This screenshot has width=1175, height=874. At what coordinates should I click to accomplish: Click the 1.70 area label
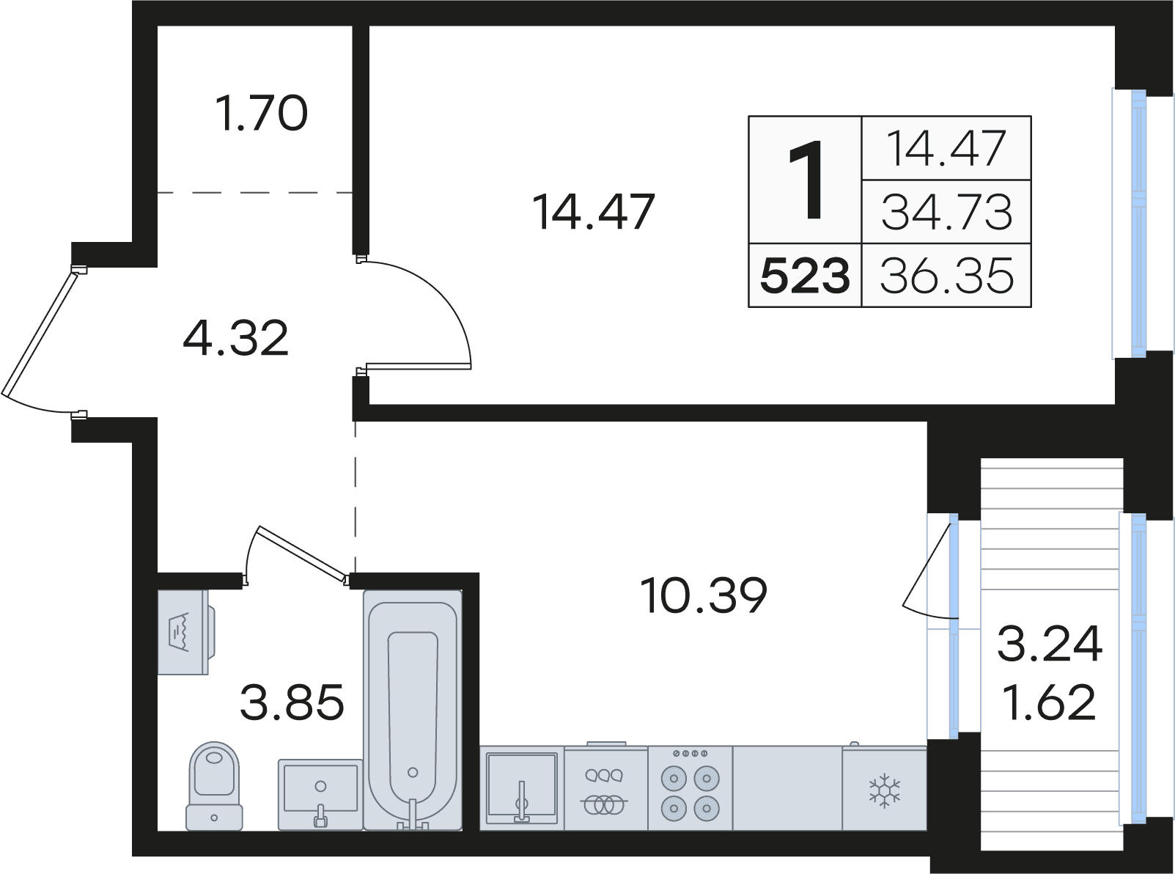[x=262, y=113]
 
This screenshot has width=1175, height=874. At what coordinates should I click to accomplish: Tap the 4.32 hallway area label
[x=236, y=337]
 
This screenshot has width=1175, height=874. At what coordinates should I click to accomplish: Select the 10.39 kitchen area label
[x=704, y=595]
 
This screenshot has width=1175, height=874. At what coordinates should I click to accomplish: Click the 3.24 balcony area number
[x=1050, y=643]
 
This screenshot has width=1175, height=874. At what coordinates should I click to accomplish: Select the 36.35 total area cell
[x=947, y=276]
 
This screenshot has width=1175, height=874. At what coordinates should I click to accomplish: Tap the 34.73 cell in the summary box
[x=947, y=212]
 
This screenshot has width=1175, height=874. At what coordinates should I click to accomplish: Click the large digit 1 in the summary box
[x=806, y=180]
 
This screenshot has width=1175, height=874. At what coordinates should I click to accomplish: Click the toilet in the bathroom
[x=214, y=786]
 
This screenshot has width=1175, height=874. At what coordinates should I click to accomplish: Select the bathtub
[x=413, y=710]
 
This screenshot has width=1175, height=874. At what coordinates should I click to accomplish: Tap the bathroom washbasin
[x=320, y=794]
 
